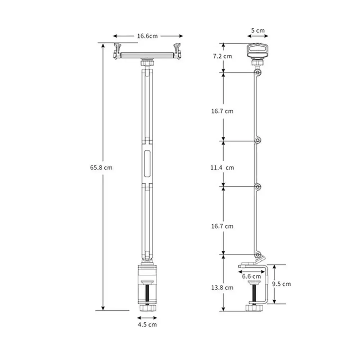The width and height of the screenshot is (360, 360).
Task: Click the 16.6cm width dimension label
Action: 147,36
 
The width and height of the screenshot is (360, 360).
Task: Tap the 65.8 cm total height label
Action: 101,167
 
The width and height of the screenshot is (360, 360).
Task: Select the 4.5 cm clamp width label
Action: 147,324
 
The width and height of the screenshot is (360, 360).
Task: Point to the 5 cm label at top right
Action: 258,30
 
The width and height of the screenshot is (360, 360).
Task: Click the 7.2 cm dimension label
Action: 223,56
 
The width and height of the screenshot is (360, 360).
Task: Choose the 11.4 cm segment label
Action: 222,167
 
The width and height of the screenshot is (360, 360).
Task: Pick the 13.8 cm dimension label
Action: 222,287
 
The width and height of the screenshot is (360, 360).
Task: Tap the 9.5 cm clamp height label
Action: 282,284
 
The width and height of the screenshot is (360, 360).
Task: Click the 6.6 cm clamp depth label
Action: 251,276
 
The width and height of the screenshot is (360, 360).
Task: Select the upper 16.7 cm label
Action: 222,111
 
